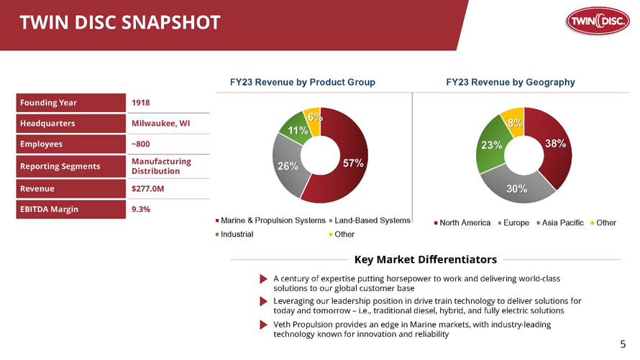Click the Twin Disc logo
click(598, 20)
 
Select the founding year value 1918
click(140, 103)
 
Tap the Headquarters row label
click(47, 124)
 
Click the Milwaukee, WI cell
click(160, 124)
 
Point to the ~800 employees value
click(140, 144)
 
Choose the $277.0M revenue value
click(147, 189)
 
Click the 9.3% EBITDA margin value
click(141, 209)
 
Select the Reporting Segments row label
click(60, 166)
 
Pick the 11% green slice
click(296, 131)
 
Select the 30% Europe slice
click(517, 188)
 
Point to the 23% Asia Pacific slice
click(491, 144)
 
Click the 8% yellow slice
click(514, 121)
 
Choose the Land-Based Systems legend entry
click(370, 221)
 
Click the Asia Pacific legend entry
click(560, 223)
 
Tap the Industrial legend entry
click(234, 234)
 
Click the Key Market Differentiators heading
click(426, 259)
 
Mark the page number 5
click(623, 344)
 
